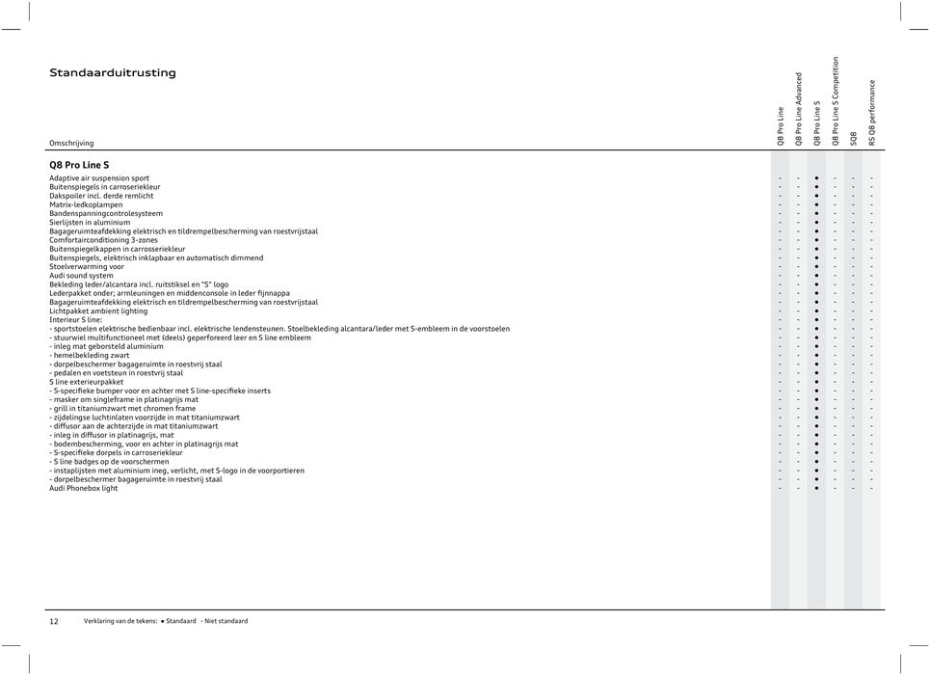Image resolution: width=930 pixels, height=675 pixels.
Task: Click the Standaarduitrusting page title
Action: coord(113,73)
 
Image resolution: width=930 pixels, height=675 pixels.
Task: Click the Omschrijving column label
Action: coord(71,143)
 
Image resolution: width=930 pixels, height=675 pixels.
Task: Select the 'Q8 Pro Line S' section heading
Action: coord(79,165)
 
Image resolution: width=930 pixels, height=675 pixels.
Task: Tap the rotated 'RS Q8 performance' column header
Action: coord(872,113)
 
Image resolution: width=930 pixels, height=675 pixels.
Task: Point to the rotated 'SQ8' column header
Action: coord(854,137)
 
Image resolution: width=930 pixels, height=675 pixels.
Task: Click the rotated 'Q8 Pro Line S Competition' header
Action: coord(836,101)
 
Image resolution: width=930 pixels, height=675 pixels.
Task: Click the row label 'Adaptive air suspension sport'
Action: coord(99,178)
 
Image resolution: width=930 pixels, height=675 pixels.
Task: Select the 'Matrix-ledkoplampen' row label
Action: coord(86,205)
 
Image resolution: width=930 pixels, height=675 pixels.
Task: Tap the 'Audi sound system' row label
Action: coord(81,276)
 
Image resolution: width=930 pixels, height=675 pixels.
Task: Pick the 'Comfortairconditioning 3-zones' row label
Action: coord(103,240)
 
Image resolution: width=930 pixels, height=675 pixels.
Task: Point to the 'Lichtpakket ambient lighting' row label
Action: coord(98,311)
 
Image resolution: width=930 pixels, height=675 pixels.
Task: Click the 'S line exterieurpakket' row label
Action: coord(87,382)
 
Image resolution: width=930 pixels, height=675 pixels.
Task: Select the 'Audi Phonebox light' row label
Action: coord(84,488)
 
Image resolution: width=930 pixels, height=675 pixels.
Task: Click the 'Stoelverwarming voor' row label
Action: coord(87,267)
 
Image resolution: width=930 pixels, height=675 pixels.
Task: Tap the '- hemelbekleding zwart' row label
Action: coord(90,355)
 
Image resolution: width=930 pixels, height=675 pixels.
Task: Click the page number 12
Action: coord(54,621)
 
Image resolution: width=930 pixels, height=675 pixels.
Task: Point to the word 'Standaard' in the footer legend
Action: coord(180,621)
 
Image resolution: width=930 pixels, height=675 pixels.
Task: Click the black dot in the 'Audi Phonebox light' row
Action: coord(816,488)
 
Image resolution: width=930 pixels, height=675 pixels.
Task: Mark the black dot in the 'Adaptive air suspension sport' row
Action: coord(816,178)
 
